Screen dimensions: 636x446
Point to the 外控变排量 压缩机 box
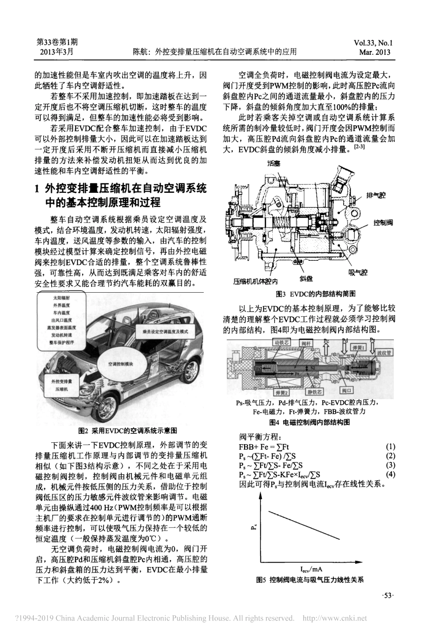pos(61,386)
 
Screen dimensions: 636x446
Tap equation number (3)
pos(390,465)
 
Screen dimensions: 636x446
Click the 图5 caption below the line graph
pos(310,580)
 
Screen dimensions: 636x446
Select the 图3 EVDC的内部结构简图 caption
pos(315,294)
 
